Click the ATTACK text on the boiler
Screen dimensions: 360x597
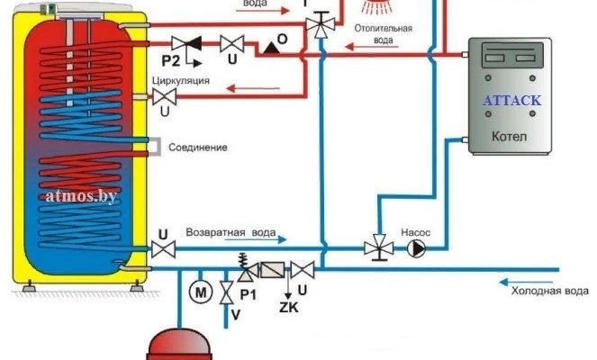click(x=511, y=101)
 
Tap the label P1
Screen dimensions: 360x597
click(x=249, y=294)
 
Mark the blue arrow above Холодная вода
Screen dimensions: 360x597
click(x=536, y=279)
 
